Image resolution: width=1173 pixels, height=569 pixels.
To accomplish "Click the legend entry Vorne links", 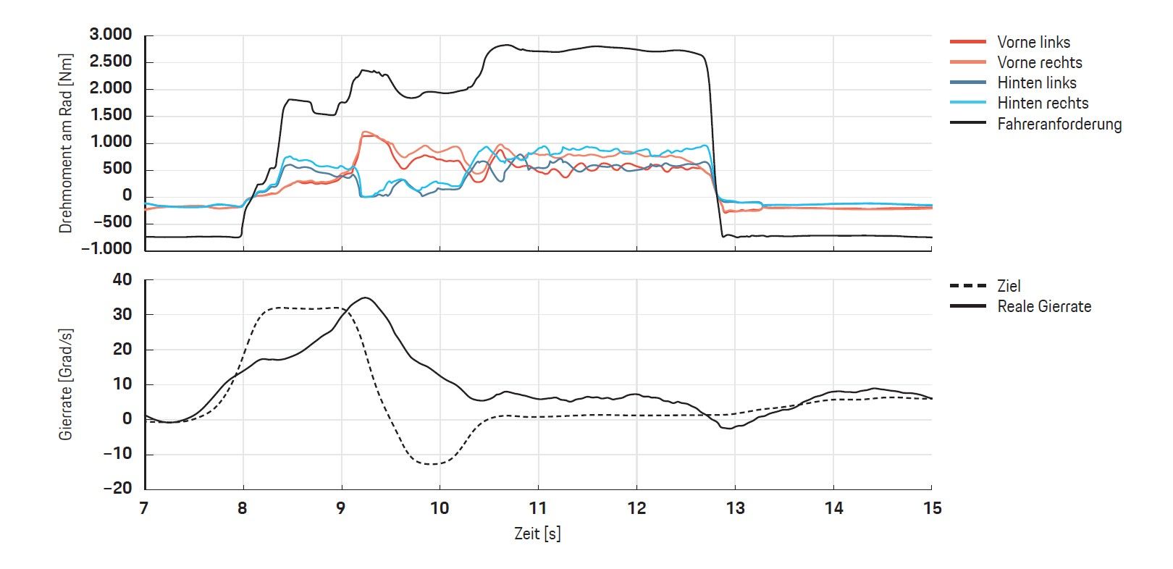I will pyautogui.click(x=1033, y=42).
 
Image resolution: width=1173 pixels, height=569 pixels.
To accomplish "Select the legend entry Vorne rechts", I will pyautogui.click(x=1039, y=62).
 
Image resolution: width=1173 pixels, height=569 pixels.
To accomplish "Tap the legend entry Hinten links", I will pyautogui.click(x=1036, y=83).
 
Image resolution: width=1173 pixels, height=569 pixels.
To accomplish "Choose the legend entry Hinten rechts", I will pyautogui.click(x=1042, y=103).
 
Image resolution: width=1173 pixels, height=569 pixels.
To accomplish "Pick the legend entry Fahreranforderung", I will pyautogui.click(x=1059, y=124).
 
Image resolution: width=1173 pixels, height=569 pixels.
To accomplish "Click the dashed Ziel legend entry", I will pyautogui.click(x=1009, y=286).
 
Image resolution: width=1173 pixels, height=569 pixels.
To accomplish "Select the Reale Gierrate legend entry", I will pyautogui.click(x=1043, y=306).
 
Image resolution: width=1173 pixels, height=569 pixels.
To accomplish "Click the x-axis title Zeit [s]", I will pyautogui.click(x=537, y=534).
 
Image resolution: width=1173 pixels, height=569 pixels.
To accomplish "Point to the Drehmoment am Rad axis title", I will pyautogui.click(x=66, y=143).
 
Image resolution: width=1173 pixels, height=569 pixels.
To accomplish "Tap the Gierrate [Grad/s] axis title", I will pyautogui.click(x=66, y=384).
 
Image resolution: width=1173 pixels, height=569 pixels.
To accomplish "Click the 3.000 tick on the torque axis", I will pyautogui.click(x=111, y=35).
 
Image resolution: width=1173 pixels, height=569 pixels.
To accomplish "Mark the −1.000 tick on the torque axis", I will pyautogui.click(x=106, y=248).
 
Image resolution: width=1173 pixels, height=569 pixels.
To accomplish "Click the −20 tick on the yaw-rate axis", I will pyautogui.click(x=118, y=488).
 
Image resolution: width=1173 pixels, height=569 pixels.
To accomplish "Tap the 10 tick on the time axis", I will pyautogui.click(x=440, y=508).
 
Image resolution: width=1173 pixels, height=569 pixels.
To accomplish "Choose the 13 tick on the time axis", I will pyautogui.click(x=735, y=508).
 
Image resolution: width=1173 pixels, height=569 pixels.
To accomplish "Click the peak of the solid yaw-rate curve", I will pyautogui.click(x=366, y=298).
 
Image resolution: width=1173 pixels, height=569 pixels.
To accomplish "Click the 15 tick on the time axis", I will pyautogui.click(x=932, y=508).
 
